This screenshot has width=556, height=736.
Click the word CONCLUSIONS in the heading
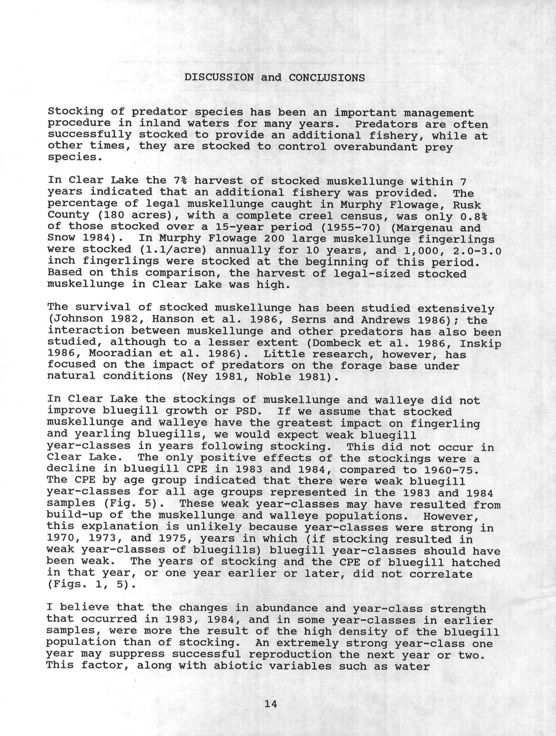click(x=327, y=77)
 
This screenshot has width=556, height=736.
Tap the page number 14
click(x=271, y=703)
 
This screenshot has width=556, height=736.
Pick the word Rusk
click(x=466, y=204)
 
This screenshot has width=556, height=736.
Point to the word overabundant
click(x=375, y=147)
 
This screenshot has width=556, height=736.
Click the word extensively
click(x=455, y=308)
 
